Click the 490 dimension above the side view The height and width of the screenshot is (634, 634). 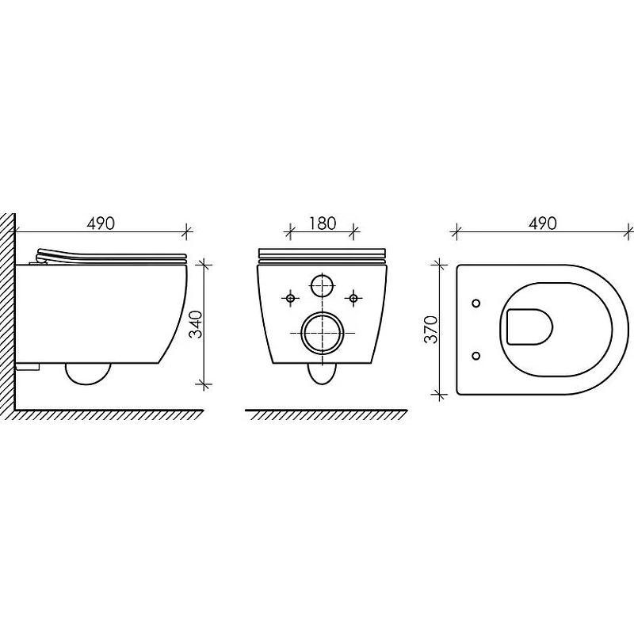click(101, 223)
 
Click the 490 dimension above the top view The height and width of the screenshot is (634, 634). click(543, 223)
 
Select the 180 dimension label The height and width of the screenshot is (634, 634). click(322, 223)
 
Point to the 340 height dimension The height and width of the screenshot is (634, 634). click(196, 324)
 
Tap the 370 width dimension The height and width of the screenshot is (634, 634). click(431, 330)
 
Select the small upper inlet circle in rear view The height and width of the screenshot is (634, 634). click(323, 285)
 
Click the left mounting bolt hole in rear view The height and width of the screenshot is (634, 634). click(290, 299)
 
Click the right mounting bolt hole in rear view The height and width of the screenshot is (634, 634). click(353, 299)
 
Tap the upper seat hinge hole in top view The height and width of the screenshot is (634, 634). click(476, 303)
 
